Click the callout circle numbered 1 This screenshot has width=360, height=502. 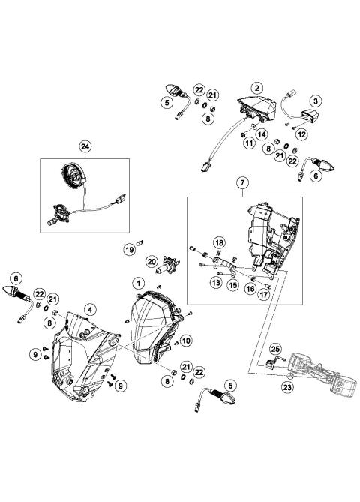[x=138, y=284]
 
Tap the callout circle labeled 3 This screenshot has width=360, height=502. [x=316, y=101]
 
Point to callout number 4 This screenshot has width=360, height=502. [x=88, y=309]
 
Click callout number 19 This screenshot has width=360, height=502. [x=129, y=249]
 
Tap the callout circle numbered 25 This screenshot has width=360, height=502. [x=275, y=348]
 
